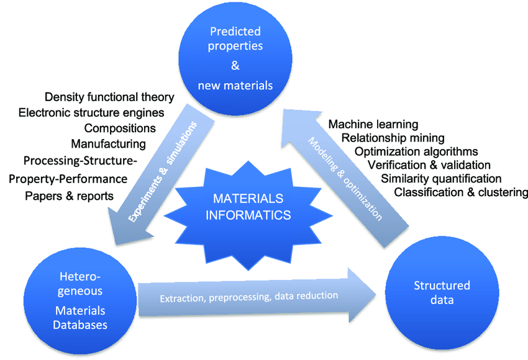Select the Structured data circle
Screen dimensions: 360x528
(442, 292)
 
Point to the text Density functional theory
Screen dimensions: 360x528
(109, 97)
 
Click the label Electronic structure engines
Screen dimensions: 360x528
(91, 112)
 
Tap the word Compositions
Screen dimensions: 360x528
(120, 128)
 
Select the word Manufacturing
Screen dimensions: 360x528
(108, 144)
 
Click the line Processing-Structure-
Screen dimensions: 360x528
(80, 161)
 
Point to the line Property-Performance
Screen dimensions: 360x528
(68, 179)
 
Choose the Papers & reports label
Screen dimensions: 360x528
(69, 196)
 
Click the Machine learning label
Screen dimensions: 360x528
(373, 124)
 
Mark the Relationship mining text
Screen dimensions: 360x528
(393, 137)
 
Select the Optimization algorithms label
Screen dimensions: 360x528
(416, 151)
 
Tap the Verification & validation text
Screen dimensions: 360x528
(429, 164)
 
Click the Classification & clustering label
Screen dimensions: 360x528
(461, 192)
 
